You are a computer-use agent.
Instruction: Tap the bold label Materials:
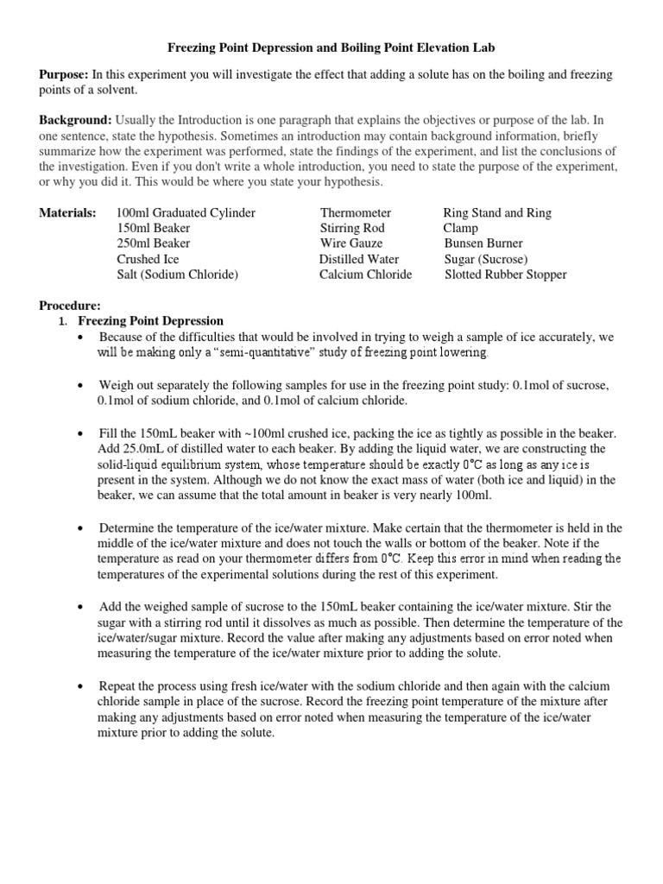pos(68,212)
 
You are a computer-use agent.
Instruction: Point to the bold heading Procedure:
pos(71,305)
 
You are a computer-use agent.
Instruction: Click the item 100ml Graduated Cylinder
pos(186,212)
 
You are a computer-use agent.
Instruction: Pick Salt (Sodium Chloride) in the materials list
pos(178,275)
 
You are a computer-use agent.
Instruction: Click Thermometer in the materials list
pos(356,212)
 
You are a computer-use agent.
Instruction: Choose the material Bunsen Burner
pos(483,243)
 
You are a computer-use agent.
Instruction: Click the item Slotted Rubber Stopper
pos(506,275)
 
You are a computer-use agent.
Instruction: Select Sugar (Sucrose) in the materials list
pos(486,259)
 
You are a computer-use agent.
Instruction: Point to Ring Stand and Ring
pos(497,212)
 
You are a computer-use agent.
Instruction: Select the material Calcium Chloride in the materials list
pos(365,275)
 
